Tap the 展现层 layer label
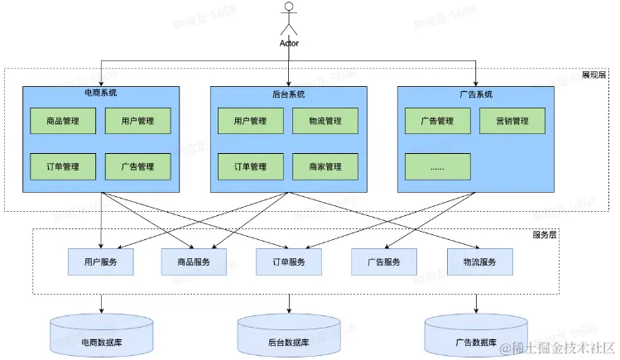594,74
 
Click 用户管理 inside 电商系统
137,121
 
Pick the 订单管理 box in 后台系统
250,166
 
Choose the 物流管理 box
324,121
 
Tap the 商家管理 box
324,166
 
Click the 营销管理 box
512,121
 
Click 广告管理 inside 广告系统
437,121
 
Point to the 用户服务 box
100,262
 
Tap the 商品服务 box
194,262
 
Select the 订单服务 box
289,262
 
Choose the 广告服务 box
383,262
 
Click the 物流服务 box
479,262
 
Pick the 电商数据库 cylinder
101,335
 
